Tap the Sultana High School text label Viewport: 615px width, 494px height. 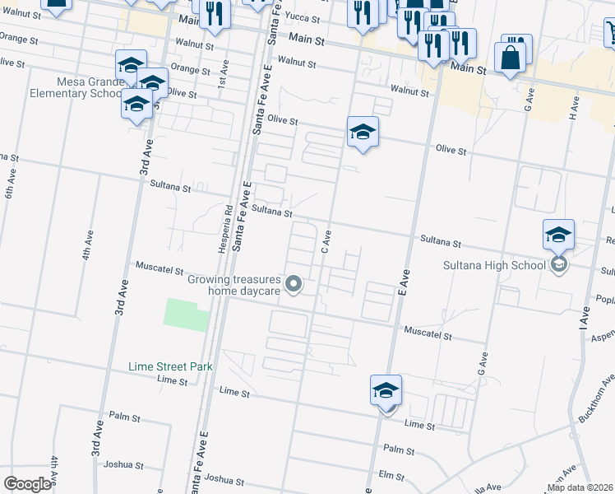[x=506, y=264]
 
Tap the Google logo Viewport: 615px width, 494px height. [x=28, y=483]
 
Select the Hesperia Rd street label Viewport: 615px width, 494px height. [x=228, y=224]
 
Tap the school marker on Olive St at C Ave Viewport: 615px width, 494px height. [x=363, y=132]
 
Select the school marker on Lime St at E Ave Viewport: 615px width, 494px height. [x=386, y=390]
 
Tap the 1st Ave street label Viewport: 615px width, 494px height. [x=223, y=78]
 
